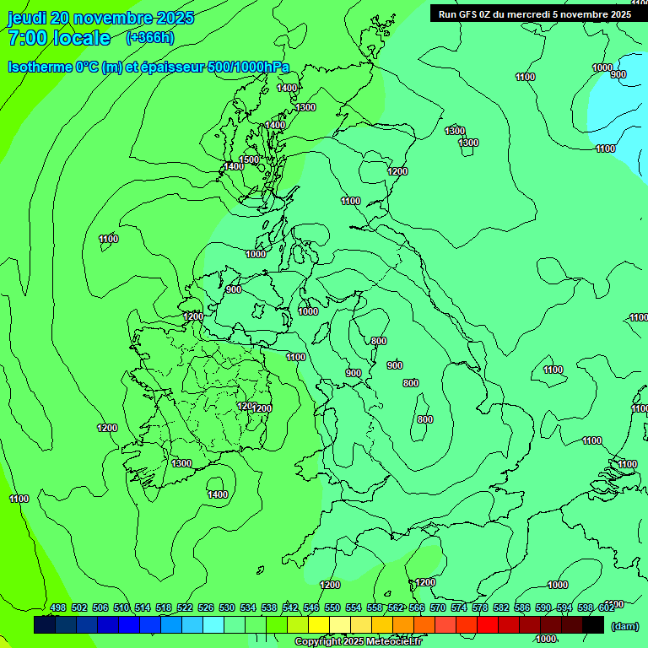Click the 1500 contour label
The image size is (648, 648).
tap(249, 159)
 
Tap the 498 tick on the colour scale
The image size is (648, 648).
tap(58, 607)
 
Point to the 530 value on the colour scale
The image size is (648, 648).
tap(227, 607)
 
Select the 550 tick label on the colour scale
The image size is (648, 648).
tap(332, 607)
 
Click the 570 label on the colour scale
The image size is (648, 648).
tap(438, 607)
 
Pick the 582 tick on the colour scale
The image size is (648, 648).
tap(501, 607)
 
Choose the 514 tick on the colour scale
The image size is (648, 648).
tap(143, 607)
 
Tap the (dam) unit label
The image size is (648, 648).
tap(625, 625)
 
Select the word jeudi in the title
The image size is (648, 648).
tap(27, 18)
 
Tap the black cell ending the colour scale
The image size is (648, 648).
tap(593, 625)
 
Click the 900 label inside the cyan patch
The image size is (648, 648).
tap(618, 74)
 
